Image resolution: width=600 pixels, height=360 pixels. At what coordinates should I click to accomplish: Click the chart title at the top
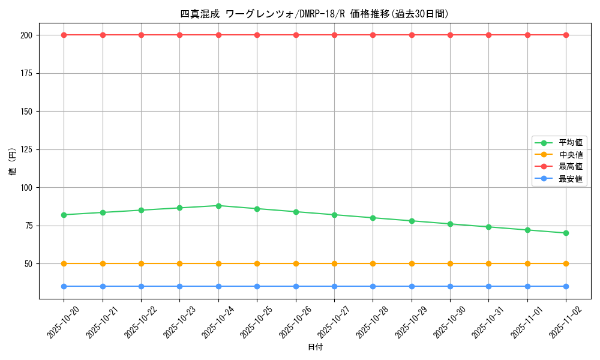point(314,14)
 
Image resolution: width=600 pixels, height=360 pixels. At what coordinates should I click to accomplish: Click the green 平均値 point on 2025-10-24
point(218,206)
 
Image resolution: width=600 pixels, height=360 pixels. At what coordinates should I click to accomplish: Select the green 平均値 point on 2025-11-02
point(566,233)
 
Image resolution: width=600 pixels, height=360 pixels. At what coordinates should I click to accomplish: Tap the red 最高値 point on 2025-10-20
point(64,35)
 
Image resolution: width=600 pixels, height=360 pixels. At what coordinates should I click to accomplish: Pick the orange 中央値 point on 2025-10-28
point(373,263)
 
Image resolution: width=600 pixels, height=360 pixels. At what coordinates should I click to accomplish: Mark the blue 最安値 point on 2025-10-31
point(488,286)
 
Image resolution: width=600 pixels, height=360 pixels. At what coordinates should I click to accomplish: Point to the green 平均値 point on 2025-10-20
point(64,215)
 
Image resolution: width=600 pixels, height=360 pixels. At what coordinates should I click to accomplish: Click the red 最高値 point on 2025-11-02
point(566,35)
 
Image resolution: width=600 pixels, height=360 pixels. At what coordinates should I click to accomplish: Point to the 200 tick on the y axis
point(28,35)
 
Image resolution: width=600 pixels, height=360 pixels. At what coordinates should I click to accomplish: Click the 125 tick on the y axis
point(28,149)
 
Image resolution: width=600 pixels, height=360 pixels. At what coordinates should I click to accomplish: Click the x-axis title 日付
point(314,347)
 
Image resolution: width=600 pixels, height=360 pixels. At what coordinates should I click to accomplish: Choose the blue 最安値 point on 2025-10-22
point(141,286)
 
